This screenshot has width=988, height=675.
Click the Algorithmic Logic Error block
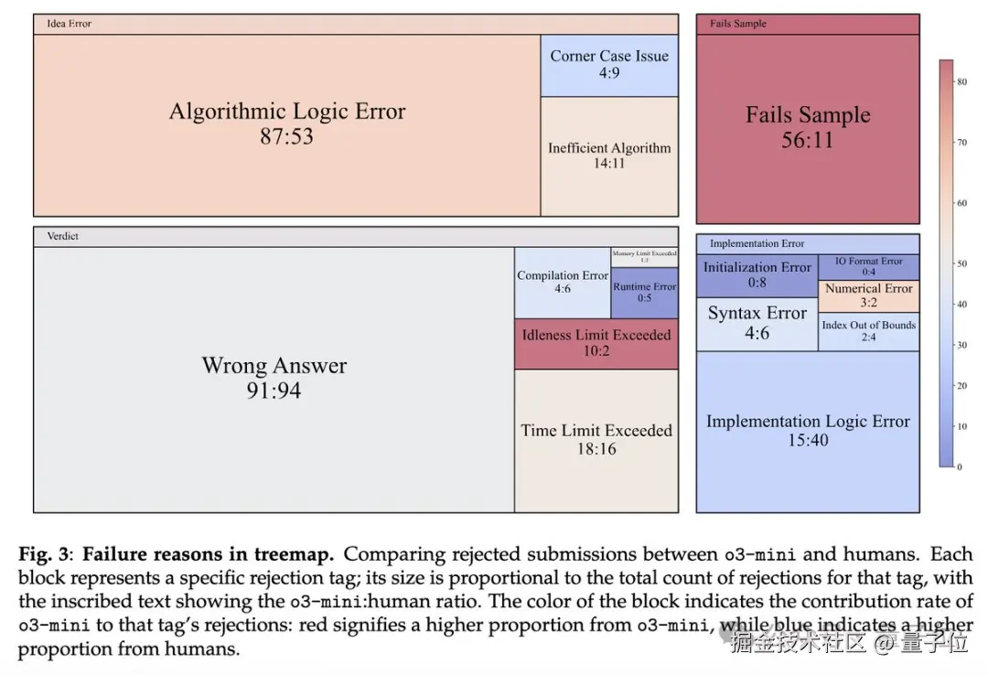[x=286, y=124]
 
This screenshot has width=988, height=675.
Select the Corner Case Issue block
[x=609, y=64]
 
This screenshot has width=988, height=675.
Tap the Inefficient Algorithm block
[x=609, y=155]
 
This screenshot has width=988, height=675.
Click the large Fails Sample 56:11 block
[x=807, y=127]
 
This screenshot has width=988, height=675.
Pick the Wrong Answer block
[x=274, y=378]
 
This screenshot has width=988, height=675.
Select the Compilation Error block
[x=562, y=282]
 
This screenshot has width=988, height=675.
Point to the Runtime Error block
[x=645, y=292]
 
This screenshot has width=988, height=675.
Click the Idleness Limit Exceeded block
[x=596, y=343]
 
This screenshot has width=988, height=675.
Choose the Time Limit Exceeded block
[x=596, y=439]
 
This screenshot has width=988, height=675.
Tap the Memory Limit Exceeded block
[x=645, y=256]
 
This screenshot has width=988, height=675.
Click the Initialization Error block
[x=757, y=274]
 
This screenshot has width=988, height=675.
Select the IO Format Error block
[x=868, y=266]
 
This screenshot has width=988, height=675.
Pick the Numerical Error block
[x=868, y=295]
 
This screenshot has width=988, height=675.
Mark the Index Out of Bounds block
[x=868, y=330]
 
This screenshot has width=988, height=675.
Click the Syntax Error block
[x=757, y=323]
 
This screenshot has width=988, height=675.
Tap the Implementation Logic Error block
[x=807, y=430]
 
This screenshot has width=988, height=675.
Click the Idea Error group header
[x=70, y=24]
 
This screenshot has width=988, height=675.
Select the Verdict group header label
[x=63, y=236]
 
